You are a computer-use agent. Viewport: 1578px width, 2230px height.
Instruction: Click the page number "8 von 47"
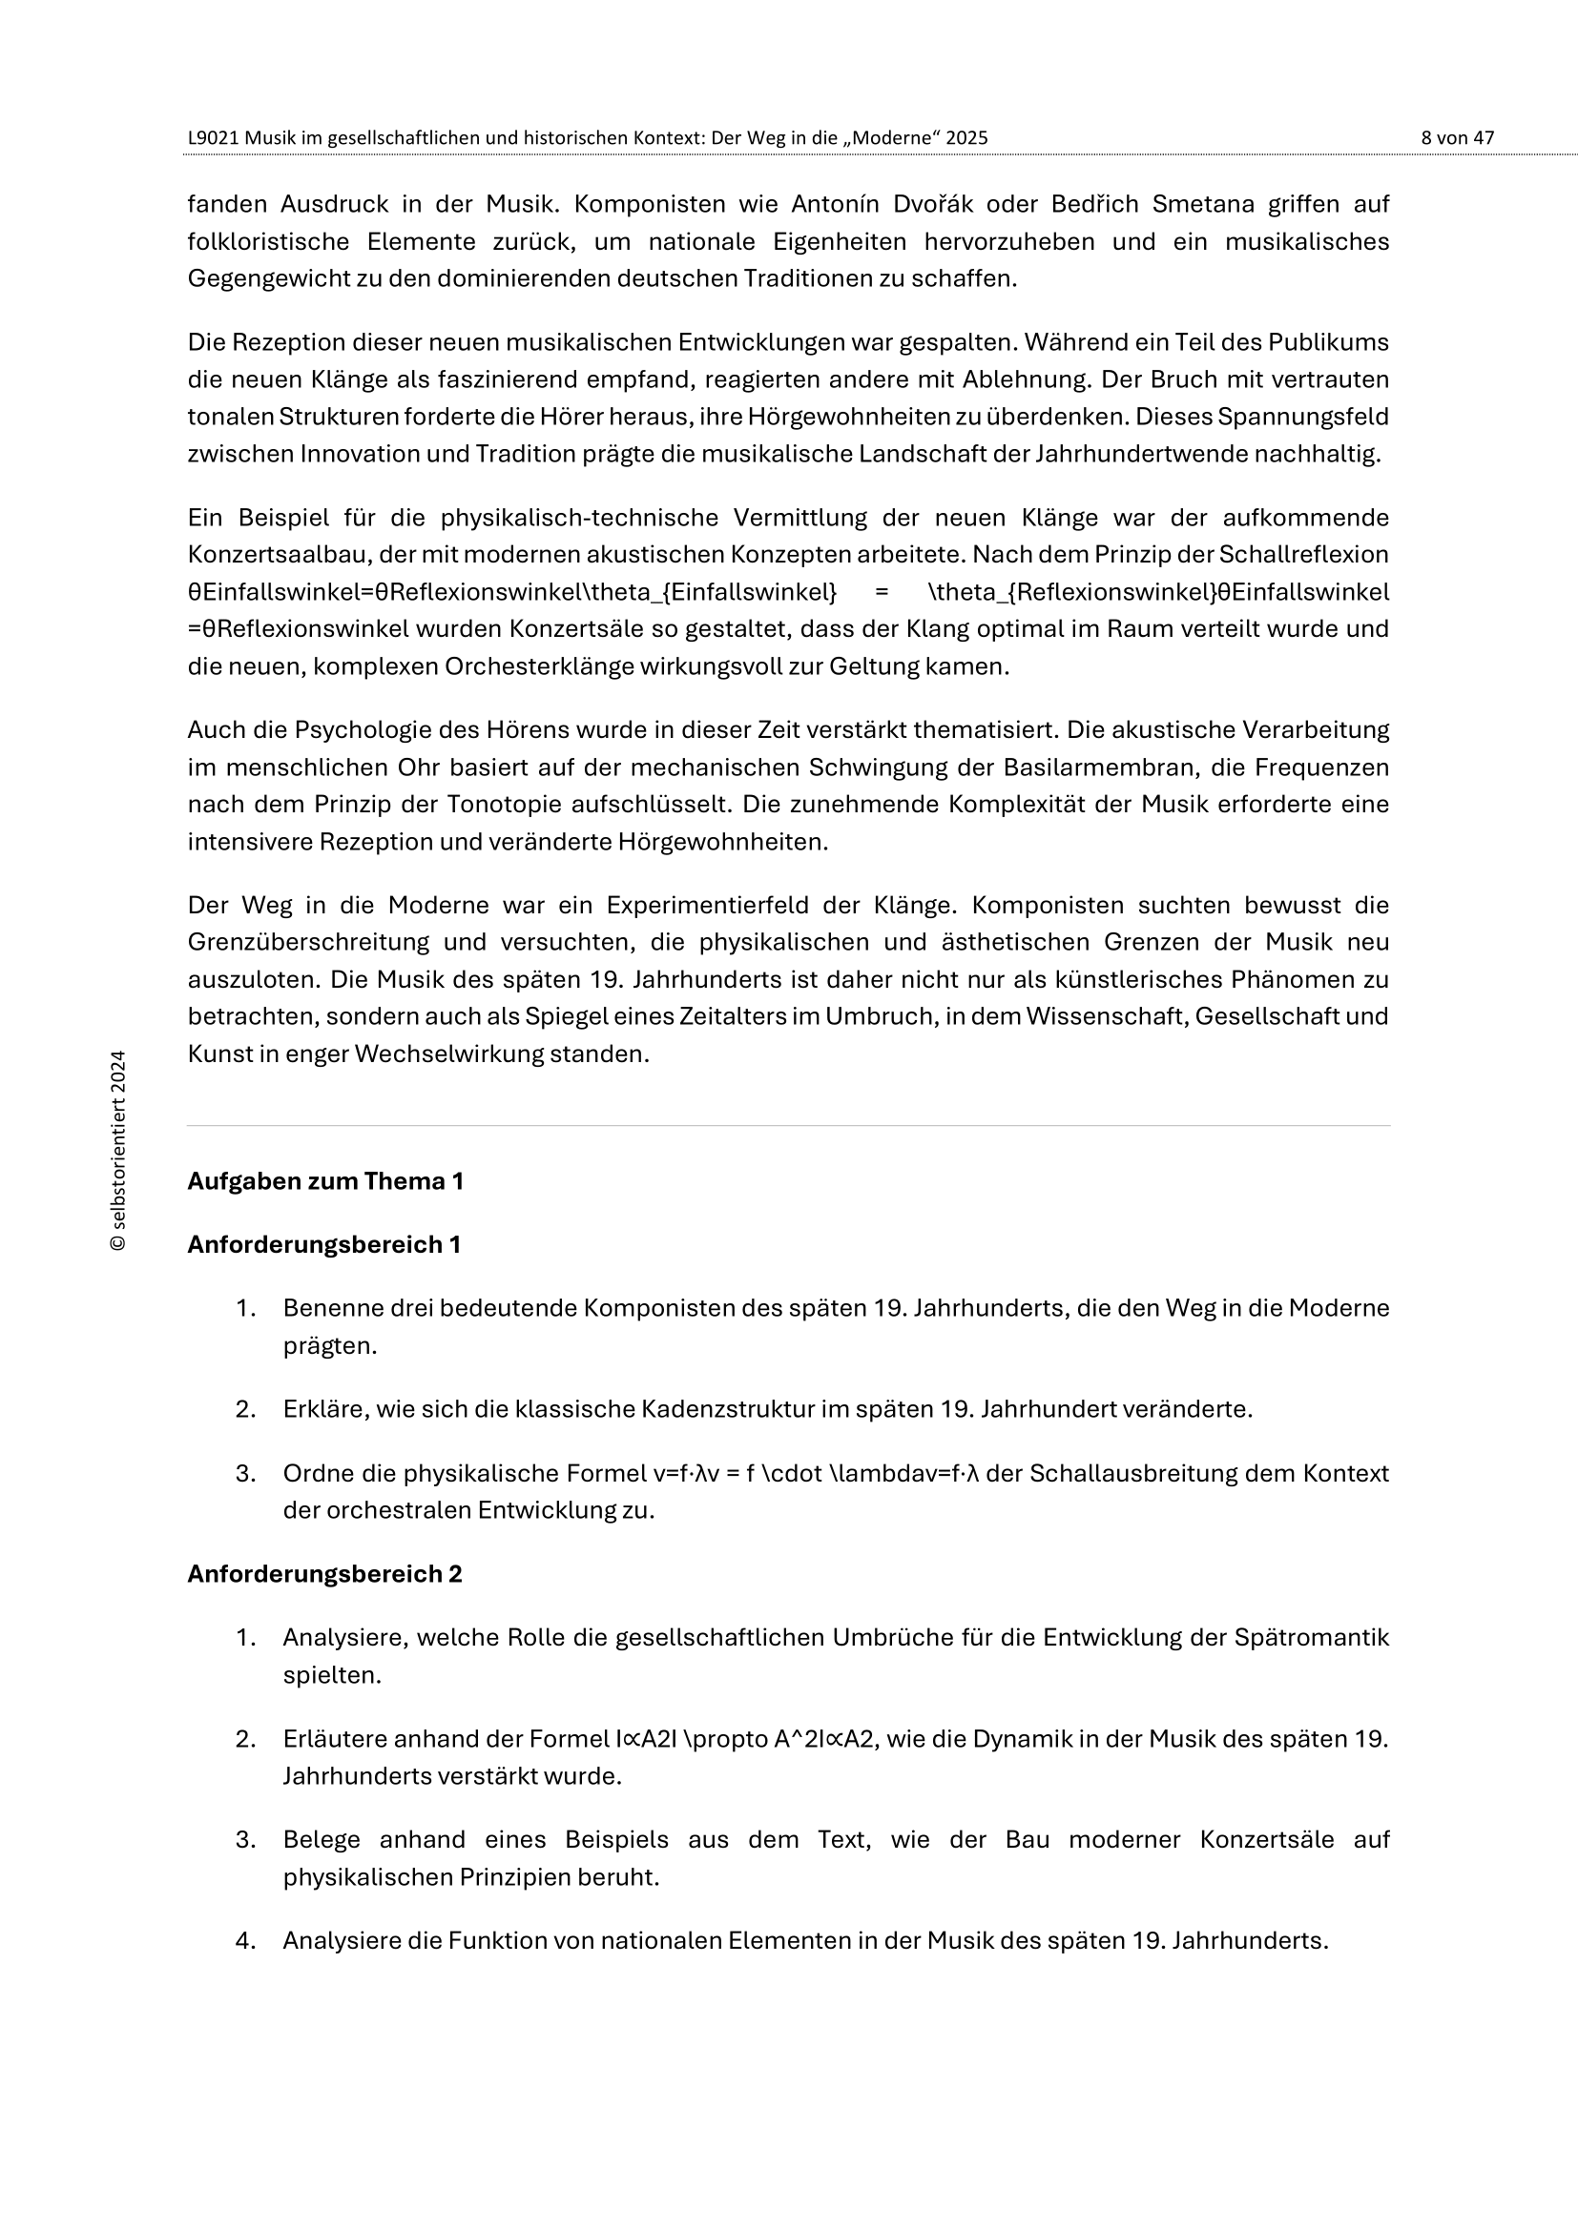(1457, 138)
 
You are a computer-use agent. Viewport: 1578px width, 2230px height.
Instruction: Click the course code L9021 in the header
(213, 138)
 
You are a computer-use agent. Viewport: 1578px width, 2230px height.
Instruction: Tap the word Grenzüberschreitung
(308, 942)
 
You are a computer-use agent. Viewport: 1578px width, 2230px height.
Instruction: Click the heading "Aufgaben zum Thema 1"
(325, 1181)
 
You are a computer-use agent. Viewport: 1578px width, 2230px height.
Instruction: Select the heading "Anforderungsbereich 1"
(323, 1244)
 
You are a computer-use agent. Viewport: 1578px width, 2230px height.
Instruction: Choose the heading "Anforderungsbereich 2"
(324, 1574)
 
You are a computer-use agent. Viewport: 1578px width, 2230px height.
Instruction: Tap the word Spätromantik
(1312, 1638)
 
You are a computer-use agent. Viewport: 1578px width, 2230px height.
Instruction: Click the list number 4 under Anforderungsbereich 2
(245, 1940)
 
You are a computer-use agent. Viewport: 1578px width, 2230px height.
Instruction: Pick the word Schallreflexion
(1304, 555)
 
